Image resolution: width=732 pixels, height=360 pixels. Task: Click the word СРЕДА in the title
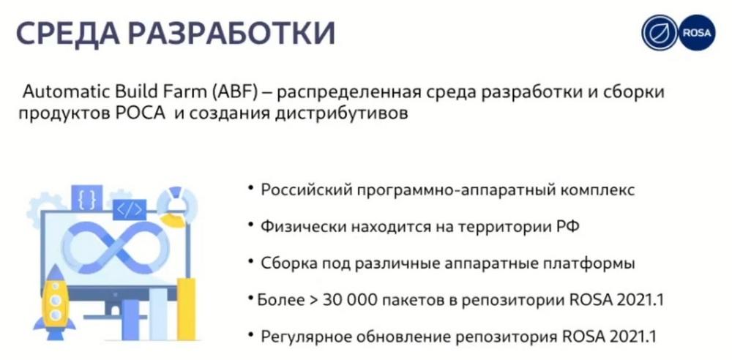click(64, 33)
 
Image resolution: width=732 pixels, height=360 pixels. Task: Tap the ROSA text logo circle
click(697, 32)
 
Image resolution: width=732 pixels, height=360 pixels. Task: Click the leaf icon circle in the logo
click(660, 32)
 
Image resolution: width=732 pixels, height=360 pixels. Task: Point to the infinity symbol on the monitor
click(116, 247)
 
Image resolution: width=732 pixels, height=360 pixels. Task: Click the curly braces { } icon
click(87, 198)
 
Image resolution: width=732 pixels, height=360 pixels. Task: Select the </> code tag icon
click(130, 210)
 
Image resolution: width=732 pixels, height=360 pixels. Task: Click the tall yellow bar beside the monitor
click(186, 309)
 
